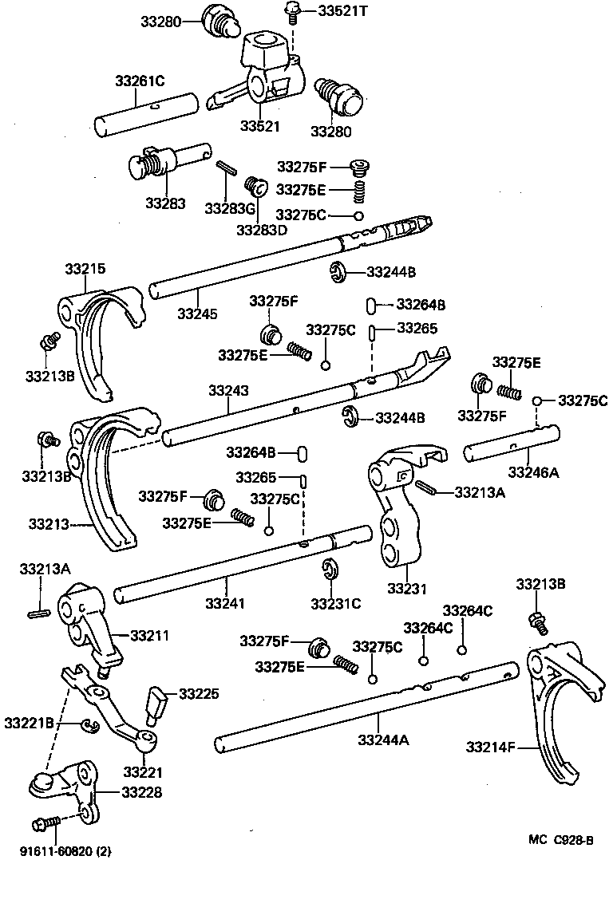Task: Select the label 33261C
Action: pos(139,81)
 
